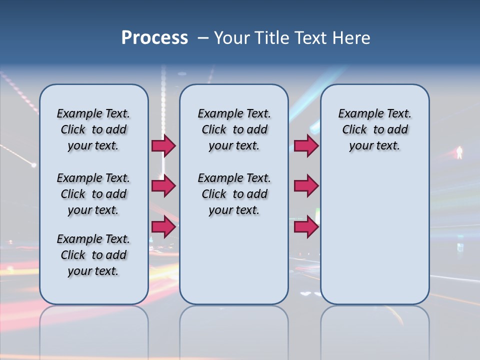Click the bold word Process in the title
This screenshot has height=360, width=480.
pyautogui.click(x=154, y=38)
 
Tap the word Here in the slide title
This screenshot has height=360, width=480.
pyautogui.click(x=353, y=38)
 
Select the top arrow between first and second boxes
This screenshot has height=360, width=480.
pyautogui.click(x=163, y=145)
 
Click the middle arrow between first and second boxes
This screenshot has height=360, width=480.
pyautogui.click(x=163, y=186)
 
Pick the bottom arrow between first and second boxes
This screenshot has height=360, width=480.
pyautogui.click(x=163, y=226)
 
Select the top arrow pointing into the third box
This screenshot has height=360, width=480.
pyautogui.click(x=306, y=145)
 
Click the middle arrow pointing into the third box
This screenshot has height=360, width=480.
pyautogui.click(x=306, y=186)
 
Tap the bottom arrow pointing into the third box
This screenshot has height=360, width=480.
pyautogui.click(x=306, y=226)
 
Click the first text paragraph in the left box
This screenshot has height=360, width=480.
pyautogui.click(x=93, y=129)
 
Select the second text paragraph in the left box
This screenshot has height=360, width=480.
pyautogui.click(x=93, y=194)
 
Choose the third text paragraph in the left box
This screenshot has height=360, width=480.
pyautogui.click(x=93, y=255)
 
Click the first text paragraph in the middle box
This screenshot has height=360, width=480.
pyautogui.click(x=234, y=129)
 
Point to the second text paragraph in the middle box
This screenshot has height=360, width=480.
pyautogui.click(x=234, y=194)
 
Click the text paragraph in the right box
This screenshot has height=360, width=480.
pyautogui.click(x=374, y=129)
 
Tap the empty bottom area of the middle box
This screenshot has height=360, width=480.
pyautogui.click(x=234, y=265)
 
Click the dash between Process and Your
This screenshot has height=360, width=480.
pyautogui.click(x=202, y=38)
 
